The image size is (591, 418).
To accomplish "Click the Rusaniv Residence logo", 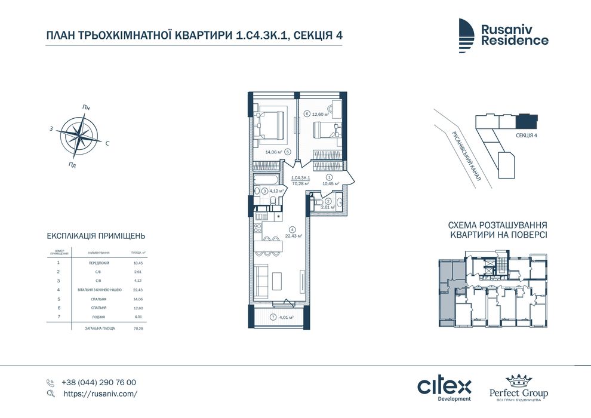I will (503, 35).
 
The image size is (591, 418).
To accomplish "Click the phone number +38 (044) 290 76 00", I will (98, 382).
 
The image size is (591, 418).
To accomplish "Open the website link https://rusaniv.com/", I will (100, 394).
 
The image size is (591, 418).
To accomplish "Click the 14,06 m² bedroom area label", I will (275, 152).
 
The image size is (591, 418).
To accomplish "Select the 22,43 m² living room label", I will (294, 235).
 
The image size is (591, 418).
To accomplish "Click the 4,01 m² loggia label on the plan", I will (285, 318).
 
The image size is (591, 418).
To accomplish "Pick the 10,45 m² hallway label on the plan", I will (331, 184).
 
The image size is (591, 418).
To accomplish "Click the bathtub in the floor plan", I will (264, 180).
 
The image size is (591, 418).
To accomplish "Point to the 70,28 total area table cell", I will (138, 328).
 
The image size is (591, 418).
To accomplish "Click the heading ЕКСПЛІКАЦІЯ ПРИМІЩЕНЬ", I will (96, 236).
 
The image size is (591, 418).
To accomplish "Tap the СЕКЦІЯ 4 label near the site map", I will (527, 136).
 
